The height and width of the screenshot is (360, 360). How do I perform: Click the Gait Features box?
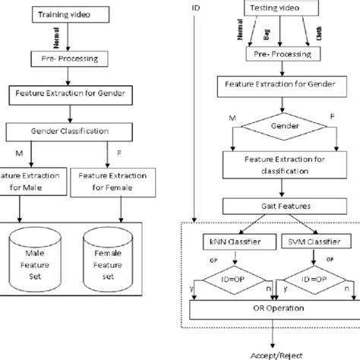point(270,205)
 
